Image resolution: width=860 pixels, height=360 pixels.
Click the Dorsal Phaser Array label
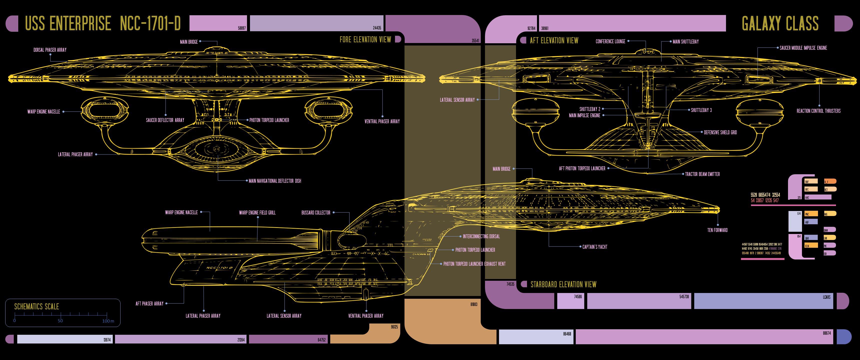(50, 50)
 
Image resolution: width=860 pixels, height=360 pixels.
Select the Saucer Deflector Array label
(165, 120)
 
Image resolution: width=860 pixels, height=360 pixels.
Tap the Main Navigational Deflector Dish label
(275, 181)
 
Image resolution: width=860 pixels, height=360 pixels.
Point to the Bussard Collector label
(315, 213)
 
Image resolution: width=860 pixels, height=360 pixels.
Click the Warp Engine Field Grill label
(257, 213)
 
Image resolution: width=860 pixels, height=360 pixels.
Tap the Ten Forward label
(717, 230)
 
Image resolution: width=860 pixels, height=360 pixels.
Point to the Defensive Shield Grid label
(720, 132)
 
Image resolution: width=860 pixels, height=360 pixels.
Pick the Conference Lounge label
(610, 42)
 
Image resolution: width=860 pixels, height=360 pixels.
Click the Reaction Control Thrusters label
(818, 111)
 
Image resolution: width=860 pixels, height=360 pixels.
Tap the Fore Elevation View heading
(365, 40)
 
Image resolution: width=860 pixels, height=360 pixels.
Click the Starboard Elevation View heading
(563, 284)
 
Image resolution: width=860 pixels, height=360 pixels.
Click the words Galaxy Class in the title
(780, 24)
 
